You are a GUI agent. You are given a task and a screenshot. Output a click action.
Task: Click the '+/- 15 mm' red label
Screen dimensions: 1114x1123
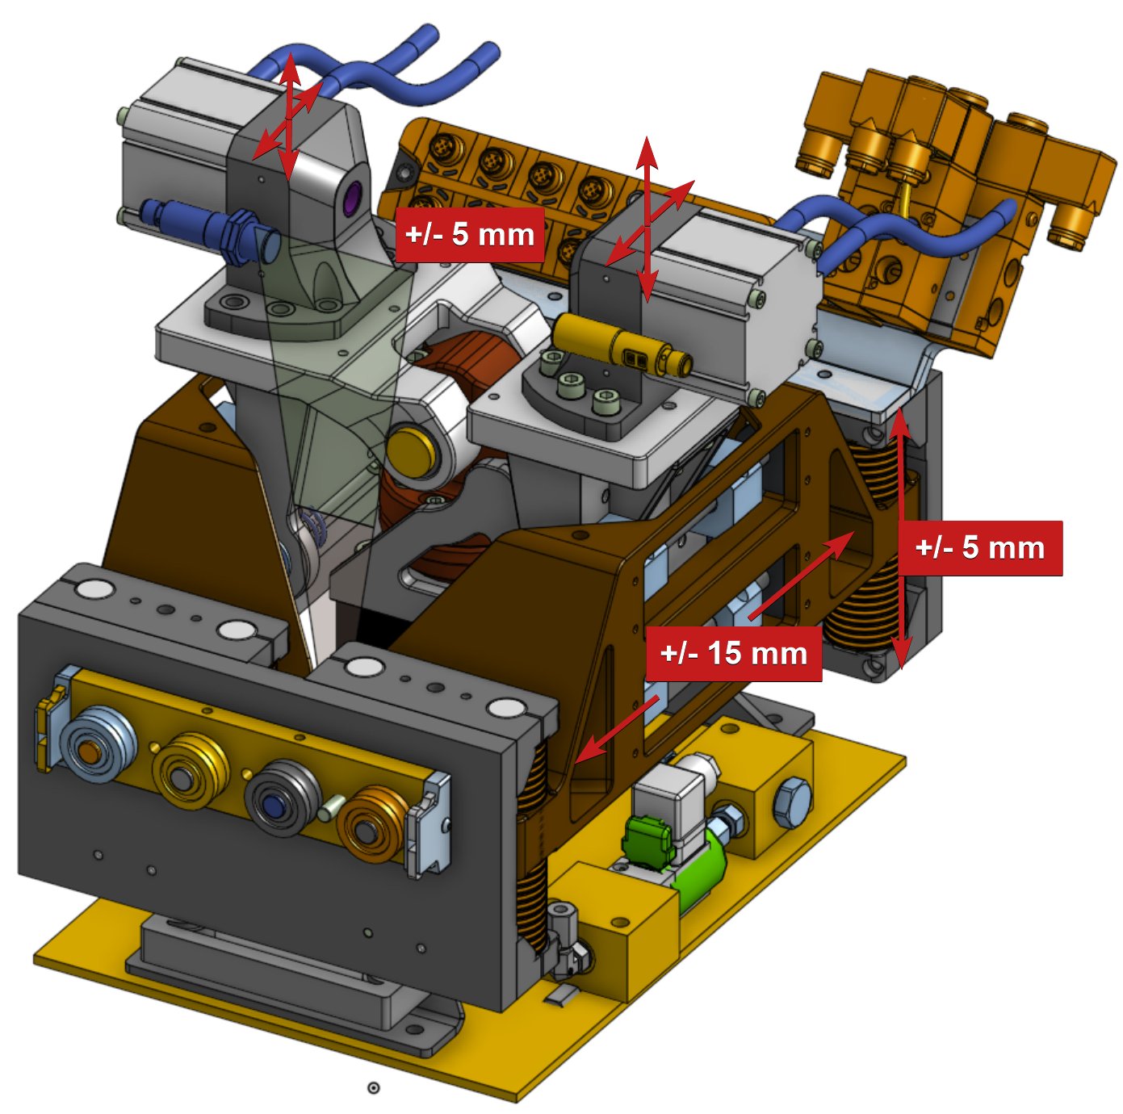pyautogui.click(x=734, y=653)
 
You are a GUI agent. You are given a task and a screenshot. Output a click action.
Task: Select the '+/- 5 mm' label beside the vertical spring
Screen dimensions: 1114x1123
pyautogui.click(x=980, y=548)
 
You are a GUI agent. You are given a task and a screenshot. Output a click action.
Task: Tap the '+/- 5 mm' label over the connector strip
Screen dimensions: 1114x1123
pyautogui.click(x=470, y=234)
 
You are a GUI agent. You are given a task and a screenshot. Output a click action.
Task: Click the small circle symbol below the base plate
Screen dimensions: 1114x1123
pyautogui.click(x=373, y=1088)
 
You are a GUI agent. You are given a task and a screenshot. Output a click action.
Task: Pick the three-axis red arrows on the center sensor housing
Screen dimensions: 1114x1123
pyautogui.click(x=647, y=218)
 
